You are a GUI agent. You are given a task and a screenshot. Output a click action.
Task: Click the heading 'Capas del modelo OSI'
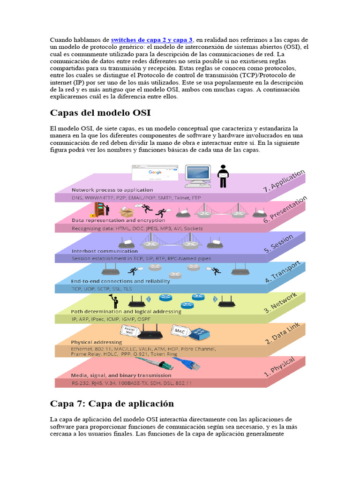click(100, 113)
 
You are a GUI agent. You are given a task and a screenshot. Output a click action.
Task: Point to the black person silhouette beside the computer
click(223, 176)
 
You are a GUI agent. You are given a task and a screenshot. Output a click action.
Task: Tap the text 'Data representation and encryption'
click(112, 220)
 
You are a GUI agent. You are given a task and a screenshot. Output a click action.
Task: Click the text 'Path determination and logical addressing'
click(126, 311)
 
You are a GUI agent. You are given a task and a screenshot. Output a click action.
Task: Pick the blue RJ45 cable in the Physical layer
click(179, 363)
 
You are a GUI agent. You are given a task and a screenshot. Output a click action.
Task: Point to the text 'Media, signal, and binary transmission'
click(121, 375)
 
